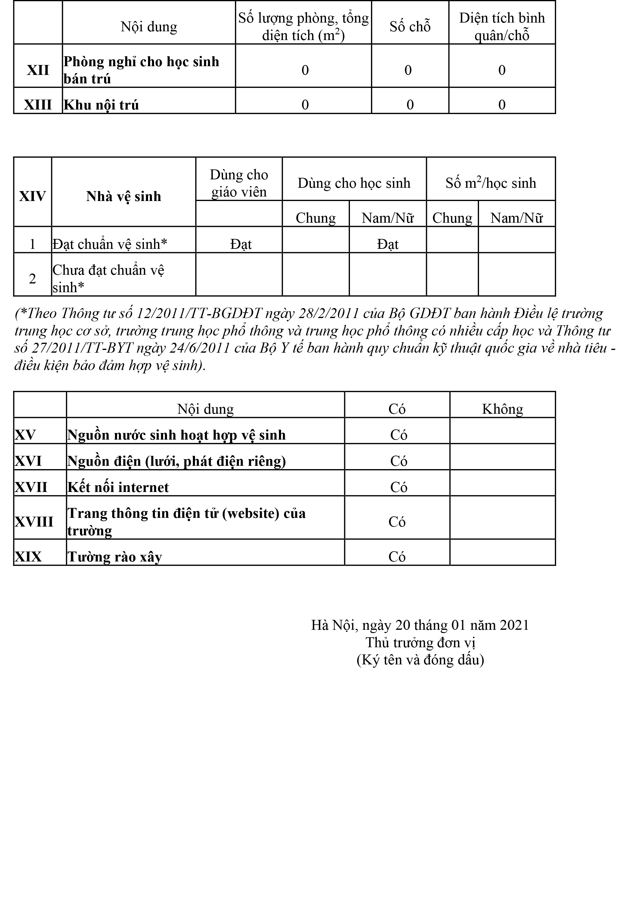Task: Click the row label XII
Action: (38, 70)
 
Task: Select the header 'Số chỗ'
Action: (410, 26)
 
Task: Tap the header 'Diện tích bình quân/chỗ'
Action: (502, 26)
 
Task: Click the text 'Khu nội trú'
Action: (101, 105)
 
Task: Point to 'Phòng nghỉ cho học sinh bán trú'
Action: (141, 70)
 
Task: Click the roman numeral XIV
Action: (32, 196)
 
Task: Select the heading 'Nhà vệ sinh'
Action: (123, 196)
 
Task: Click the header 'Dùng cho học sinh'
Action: (354, 183)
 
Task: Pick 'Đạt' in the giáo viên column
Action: (241, 244)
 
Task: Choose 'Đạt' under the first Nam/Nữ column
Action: (388, 244)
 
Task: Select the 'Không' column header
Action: (502, 409)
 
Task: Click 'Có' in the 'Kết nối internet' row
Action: (398, 487)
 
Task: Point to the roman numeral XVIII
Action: (34, 522)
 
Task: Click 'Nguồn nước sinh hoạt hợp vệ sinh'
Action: (176, 435)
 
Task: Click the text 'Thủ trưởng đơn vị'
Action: (420, 642)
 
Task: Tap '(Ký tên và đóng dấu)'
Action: (420, 660)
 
